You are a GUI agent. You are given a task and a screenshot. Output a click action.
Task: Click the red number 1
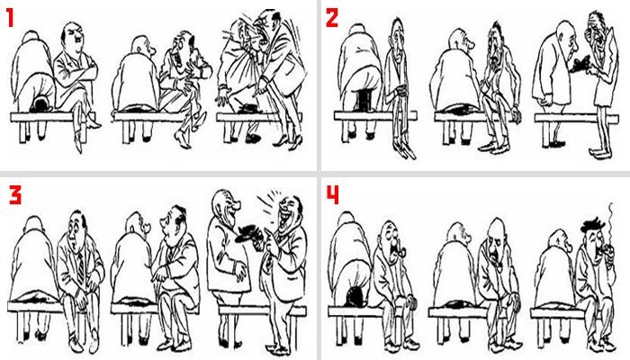(10, 18)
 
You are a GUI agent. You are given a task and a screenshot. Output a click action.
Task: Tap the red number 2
(332, 18)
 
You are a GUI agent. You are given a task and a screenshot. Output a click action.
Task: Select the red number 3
(15, 195)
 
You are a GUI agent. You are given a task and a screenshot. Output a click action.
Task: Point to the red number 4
(333, 195)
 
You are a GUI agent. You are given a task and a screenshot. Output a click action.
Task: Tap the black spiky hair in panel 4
(592, 225)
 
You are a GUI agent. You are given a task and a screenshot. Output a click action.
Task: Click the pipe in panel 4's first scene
(400, 252)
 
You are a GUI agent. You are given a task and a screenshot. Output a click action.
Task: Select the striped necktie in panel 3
(81, 266)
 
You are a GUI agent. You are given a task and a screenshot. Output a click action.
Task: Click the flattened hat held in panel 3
(247, 233)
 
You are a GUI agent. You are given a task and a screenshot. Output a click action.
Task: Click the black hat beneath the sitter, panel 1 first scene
(40, 105)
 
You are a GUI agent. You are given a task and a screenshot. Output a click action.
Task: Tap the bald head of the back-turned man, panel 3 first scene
(34, 223)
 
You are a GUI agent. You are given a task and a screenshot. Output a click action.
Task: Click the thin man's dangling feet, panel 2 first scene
(405, 149)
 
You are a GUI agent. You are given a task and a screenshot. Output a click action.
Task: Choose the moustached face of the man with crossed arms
(72, 37)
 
